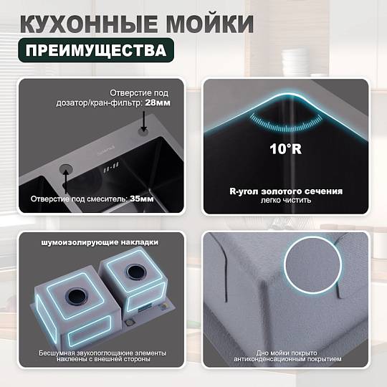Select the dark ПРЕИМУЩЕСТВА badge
click(x=96, y=50)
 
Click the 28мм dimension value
click(x=158, y=102)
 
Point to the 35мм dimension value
click(x=142, y=199)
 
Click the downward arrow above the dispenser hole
click(x=143, y=121)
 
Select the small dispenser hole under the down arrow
click(x=143, y=132)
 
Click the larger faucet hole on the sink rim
click(x=66, y=168)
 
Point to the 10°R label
click(x=285, y=149)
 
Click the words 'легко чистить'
click(x=286, y=200)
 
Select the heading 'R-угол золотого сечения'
click(x=286, y=191)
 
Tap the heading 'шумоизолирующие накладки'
click(x=100, y=242)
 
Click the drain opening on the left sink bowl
click(x=77, y=296)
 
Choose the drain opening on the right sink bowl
click(x=136, y=272)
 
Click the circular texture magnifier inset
click(x=312, y=265)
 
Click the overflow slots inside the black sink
click(x=111, y=167)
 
